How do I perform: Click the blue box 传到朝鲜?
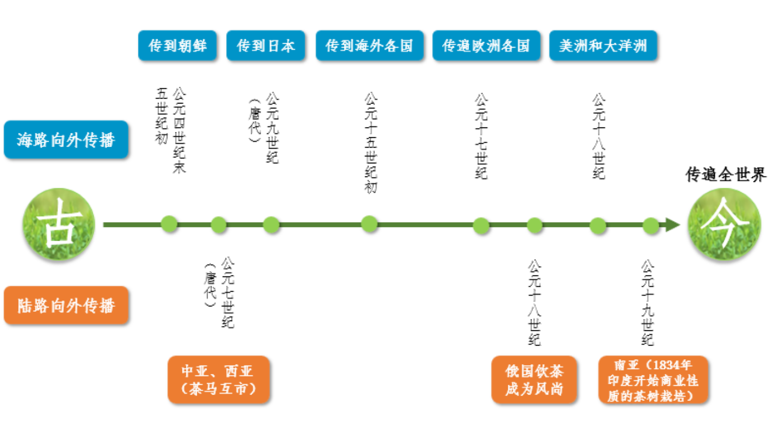[x=177, y=46]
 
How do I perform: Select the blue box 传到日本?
[x=266, y=46]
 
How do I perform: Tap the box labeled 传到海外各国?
[x=369, y=46]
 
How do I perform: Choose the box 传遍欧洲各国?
[x=486, y=46]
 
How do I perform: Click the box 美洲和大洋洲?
[x=603, y=46]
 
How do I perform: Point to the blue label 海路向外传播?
[x=66, y=140]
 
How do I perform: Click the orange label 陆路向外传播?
[x=66, y=306]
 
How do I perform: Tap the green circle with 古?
[x=59, y=224]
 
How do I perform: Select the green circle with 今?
[x=724, y=224]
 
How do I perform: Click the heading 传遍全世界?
[x=726, y=174]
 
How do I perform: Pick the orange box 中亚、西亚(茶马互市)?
[x=219, y=380]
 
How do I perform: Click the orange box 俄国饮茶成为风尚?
[x=534, y=380]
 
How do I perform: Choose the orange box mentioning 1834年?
[x=653, y=380]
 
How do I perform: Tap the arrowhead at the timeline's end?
[x=672, y=224]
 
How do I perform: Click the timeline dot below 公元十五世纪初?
[x=369, y=224]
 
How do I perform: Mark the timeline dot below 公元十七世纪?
[x=481, y=225]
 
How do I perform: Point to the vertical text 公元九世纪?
[x=272, y=128]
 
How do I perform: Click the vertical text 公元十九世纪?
[x=648, y=302]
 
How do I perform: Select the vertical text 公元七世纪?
[x=228, y=293]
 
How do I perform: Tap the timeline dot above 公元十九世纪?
[x=651, y=225]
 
